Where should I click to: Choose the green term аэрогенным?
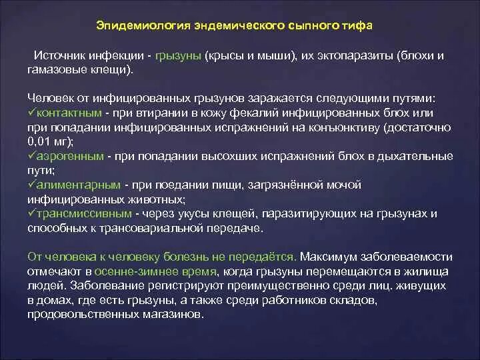click(x=71, y=156)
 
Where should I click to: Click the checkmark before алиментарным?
click(x=32, y=184)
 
